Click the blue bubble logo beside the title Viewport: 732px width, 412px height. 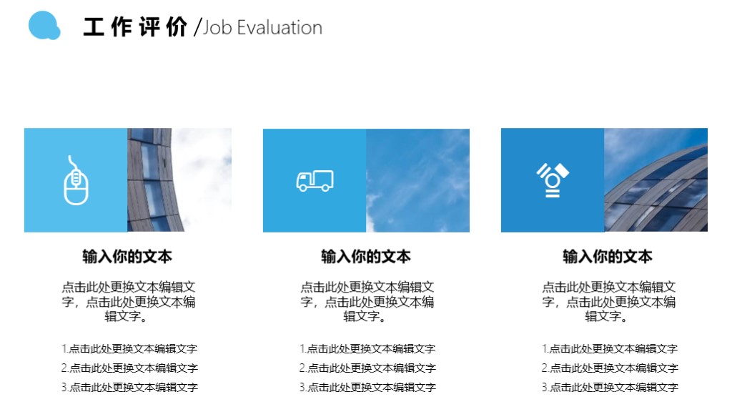click(44, 26)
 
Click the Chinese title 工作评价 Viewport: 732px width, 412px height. click(135, 27)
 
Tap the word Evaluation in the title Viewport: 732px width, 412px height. click(280, 28)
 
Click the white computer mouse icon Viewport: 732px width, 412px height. click(76, 180)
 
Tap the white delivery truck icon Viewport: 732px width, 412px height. click(315, 181)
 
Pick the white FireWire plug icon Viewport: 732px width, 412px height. click(553, 180)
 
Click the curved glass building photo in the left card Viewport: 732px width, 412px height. click(179, 180)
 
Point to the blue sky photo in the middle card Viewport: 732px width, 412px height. click(417, 180)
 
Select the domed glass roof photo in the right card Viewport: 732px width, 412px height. click(656, 180)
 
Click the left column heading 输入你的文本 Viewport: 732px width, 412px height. click(127, 256)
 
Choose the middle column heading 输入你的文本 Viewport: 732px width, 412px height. click(366, 256)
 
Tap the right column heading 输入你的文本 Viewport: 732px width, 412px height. click(608, 256)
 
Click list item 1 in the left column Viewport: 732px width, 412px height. click(129, 349)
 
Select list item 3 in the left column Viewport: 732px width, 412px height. click(129, 388)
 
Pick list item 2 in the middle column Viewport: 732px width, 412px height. click(367, 368)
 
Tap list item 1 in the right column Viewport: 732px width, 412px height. click(610, 349)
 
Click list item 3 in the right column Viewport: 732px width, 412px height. click(610, 388)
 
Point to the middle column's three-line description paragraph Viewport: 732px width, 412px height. click(367, 301)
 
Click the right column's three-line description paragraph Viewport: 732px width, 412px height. click(608, 301)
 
